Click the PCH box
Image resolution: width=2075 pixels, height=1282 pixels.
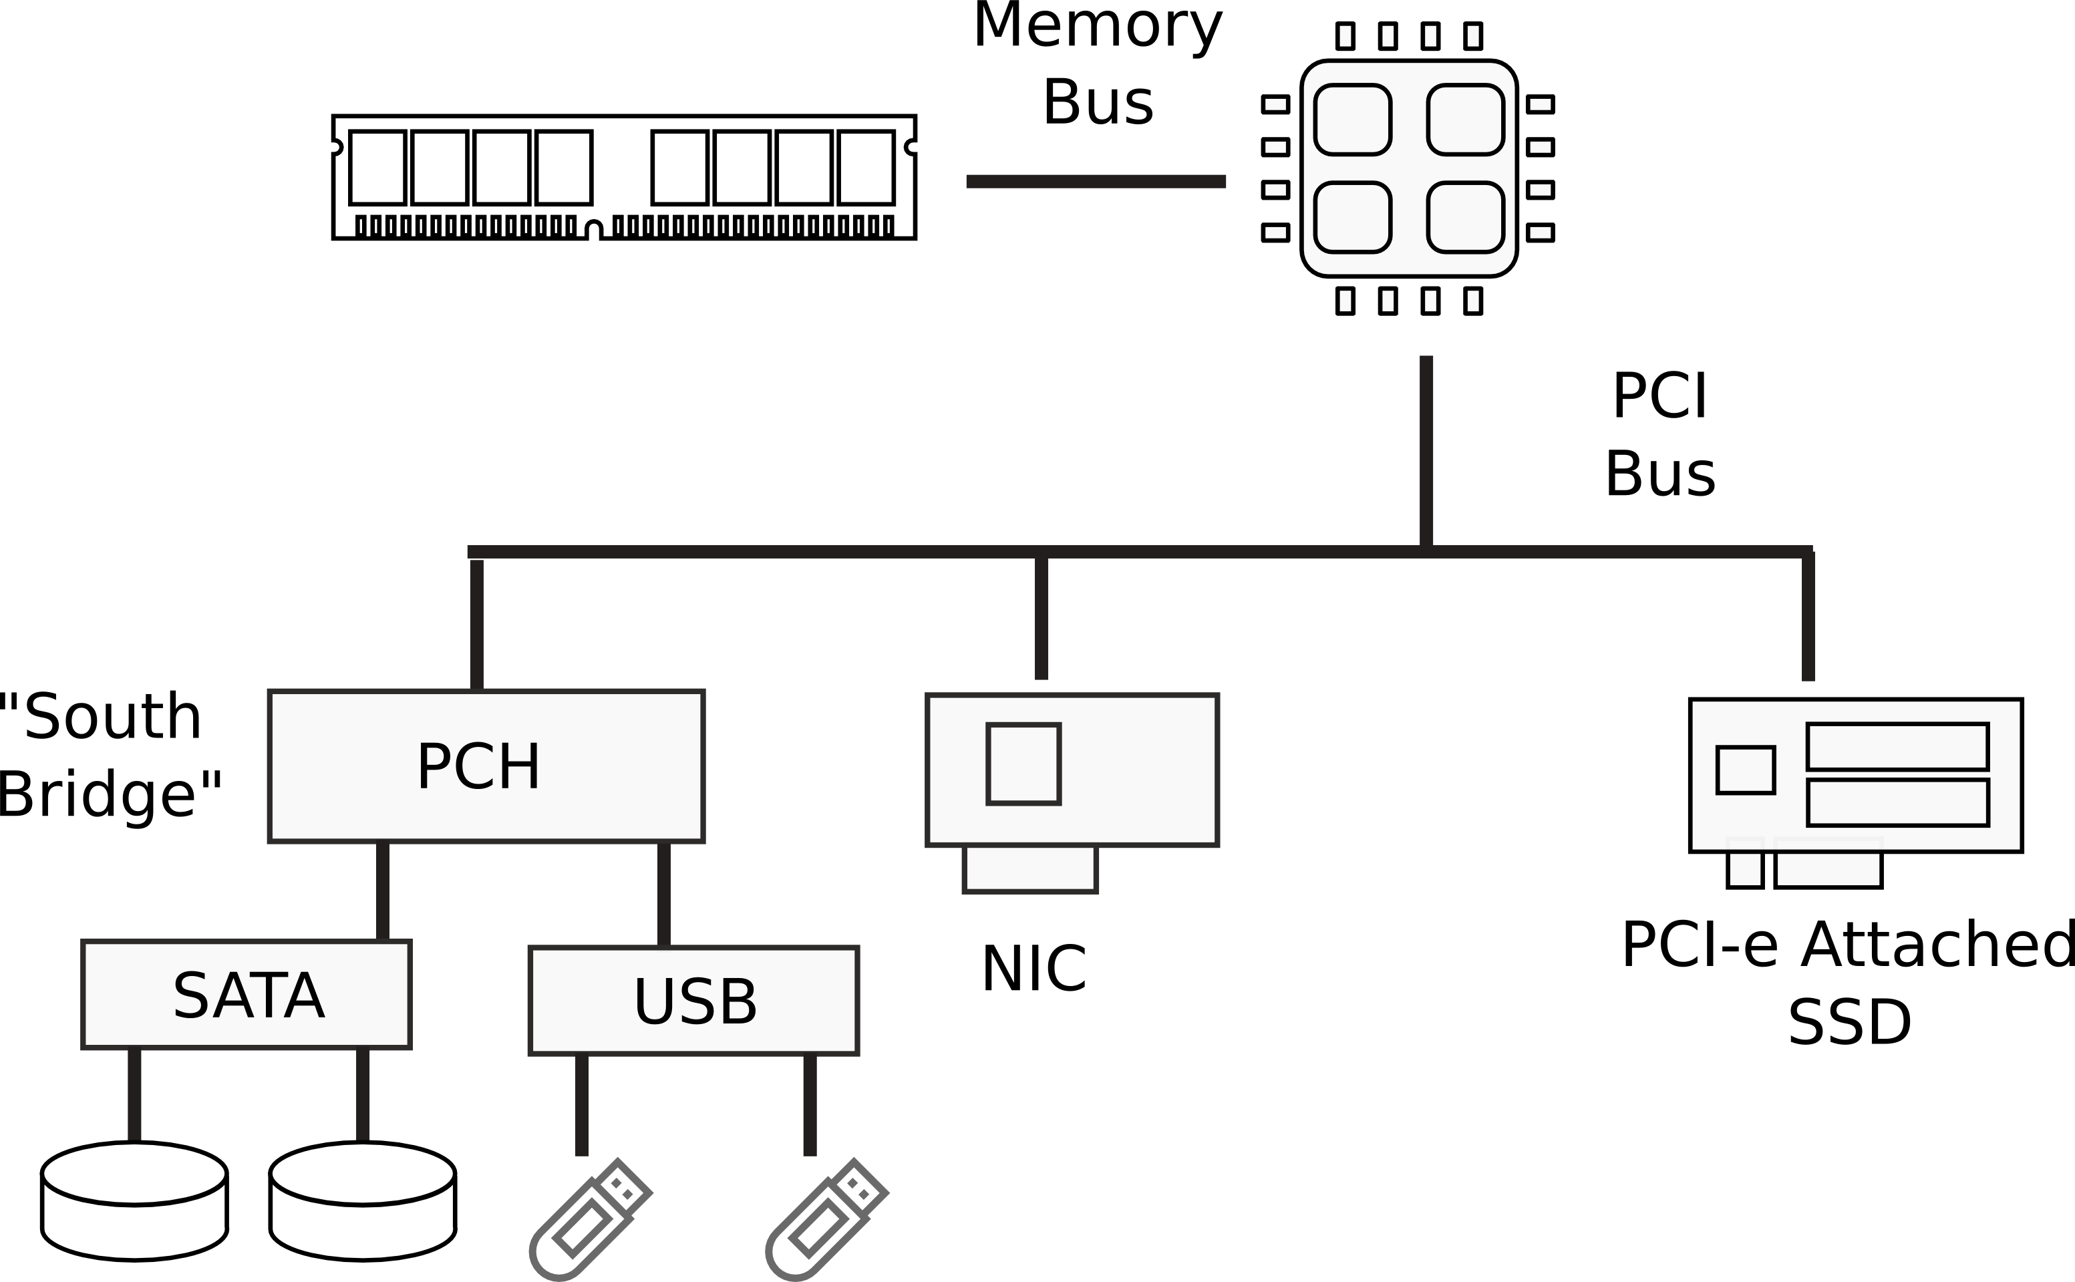(x=486, y=766)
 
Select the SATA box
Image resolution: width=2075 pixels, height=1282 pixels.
(x=247, y=995)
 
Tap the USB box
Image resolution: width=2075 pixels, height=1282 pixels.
(x=693, y=1001)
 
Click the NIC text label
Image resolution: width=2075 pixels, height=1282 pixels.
(x=1033, y=968)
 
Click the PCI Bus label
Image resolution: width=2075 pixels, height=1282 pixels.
(x=1659, y=434)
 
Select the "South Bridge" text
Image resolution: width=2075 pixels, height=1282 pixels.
(x=106, y=755)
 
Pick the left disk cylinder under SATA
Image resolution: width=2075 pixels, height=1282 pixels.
(x=134, y=1200)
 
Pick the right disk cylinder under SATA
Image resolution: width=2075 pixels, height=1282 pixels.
(x=363, y=1200)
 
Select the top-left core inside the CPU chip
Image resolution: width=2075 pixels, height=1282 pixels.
(x=1352, y=120)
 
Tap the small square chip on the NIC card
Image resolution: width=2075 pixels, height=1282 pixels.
(x=1023, y=763)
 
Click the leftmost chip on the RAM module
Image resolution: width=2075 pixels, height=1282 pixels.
(x=377, y=167)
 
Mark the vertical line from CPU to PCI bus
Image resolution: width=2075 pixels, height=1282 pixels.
(x=1426, y=450)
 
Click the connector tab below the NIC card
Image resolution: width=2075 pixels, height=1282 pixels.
(x=1030, y=868)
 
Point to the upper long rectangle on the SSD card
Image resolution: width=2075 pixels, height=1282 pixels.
(x=1897, y=746)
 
